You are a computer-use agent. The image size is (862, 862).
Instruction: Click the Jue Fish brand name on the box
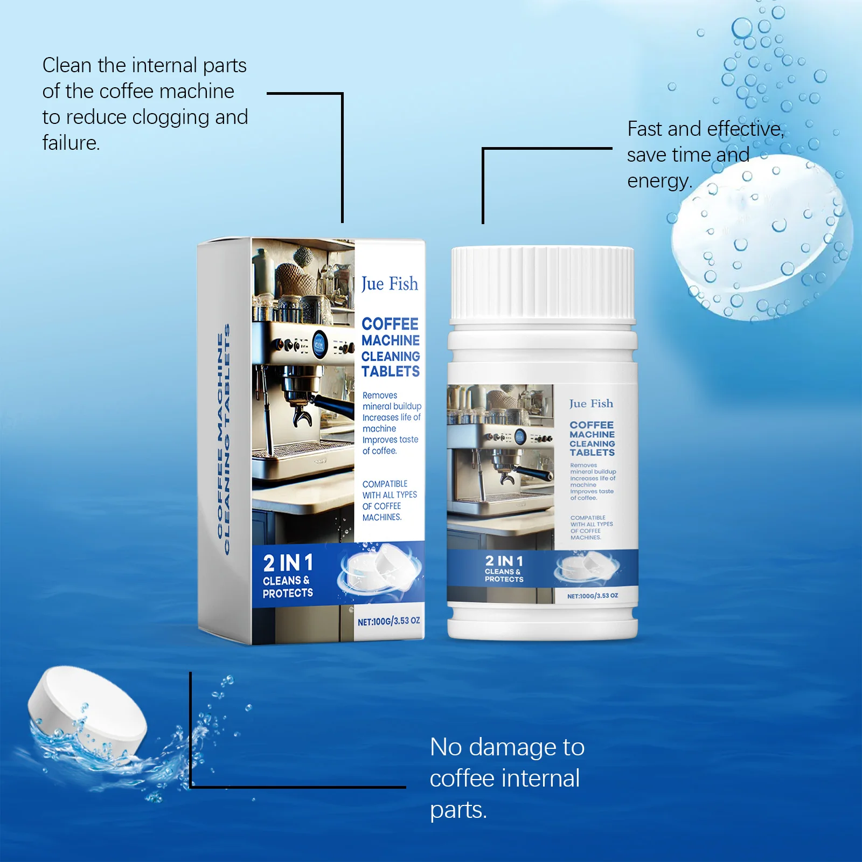pyautogui.click(x=390, y=284)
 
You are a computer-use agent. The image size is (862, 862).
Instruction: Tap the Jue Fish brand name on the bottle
pyautogui.click(x=591, y=404)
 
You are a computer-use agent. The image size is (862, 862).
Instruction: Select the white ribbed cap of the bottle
pyautogui.click(x=543, y=283)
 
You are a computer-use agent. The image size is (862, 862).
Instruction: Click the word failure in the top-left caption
pyautogui.click(x=71, y=143)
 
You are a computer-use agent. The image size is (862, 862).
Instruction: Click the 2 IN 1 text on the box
pyautogui.click(x=288, y=564)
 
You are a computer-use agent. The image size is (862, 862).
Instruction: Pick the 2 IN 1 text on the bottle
pyautogui.click(x=504, y=561)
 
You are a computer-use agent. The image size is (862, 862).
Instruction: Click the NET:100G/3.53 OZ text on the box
pyautogui.click(x=388, y=621)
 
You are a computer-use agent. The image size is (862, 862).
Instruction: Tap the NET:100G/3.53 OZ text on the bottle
pyautogui.click(x=592, y=596)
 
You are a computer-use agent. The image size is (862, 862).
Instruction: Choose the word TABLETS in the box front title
pyautogui.click(x=391, y=372)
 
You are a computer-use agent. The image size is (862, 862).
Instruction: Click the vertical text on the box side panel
pyautogui.click(x=223, y=439)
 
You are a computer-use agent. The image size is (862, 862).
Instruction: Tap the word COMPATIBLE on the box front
pyautogui.click(x=385, y=484)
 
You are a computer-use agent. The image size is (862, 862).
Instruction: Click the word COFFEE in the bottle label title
pyautogui.click(x=592, y=425)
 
